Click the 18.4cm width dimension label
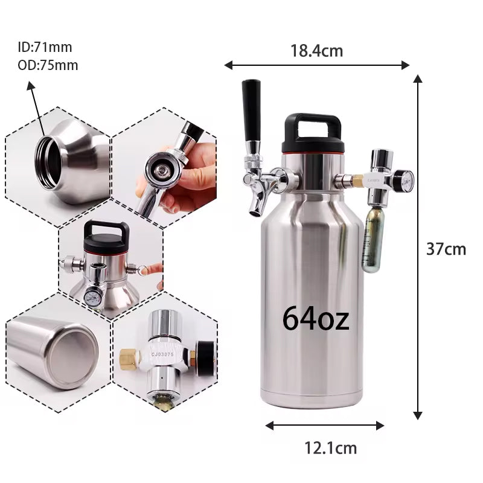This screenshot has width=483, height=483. click(x=316, y=51)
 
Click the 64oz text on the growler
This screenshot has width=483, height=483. click(x=316, y=319)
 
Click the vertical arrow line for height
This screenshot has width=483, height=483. click(x=417, y=248)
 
